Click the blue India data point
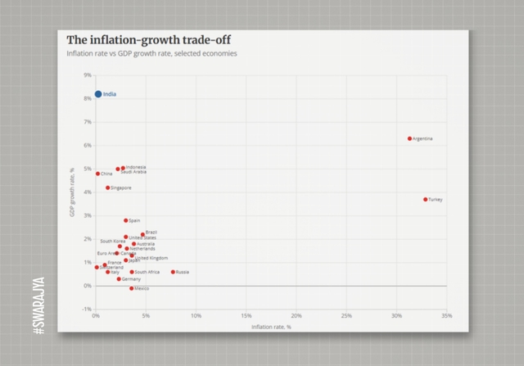pos(98,94)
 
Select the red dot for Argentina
pos(409,138)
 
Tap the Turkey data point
pos(425,199)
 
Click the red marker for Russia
pos(173,272)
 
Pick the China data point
pos(98,174)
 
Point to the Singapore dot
pos(108,188)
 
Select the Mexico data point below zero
pos(131,288)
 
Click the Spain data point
pos(126,220)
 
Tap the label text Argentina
pos(423,138)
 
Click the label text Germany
pos(131,279)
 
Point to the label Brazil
pos(151,233)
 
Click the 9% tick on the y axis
pos(88,75)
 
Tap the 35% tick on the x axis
pos(447,315)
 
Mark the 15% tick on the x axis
pos(246,315)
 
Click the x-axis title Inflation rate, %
pos(271,327)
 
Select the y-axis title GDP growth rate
pos(72,192)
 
